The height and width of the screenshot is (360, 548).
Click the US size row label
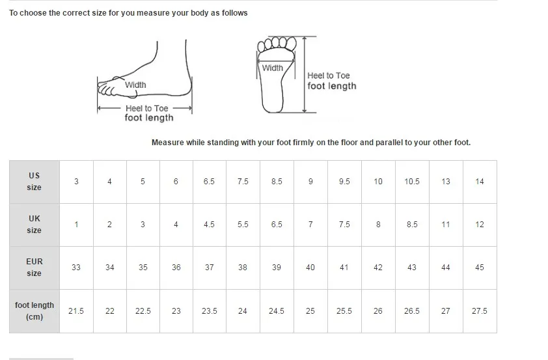click(x=34, y=182)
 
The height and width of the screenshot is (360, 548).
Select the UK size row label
click(x=34, y=225)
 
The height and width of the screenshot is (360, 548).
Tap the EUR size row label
click(x=34, y=268)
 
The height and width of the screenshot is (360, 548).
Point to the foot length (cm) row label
click(x=34, y=311)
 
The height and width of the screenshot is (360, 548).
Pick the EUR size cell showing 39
click(x=277, y=268)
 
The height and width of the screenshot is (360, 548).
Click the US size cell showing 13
click(x=446, y=182)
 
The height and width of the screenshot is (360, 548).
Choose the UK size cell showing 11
click(x=446, y=225)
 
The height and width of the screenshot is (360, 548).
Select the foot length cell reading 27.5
click(x=480, y=311)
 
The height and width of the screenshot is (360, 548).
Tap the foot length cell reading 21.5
click(x=76, y=311)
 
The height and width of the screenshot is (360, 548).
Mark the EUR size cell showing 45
click(x=480, y=268)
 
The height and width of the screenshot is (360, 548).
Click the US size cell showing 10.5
click(x=412, y=182)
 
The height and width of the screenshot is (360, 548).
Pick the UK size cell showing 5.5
click(x=243, y=225)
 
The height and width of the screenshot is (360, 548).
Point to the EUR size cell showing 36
click(x=176, y=268)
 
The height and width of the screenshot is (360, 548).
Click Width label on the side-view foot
click(x=135, y=85)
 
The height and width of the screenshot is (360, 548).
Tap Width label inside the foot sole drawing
click(x=273, y=68)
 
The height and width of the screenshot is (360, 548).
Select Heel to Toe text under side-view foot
click(x=147, y=108)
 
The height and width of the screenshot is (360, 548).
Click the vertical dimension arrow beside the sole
click(x=305, y=74)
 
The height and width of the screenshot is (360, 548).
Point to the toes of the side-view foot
click(x=106, y=88)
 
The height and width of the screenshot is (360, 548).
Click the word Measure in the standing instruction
click(x=168, y=143)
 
